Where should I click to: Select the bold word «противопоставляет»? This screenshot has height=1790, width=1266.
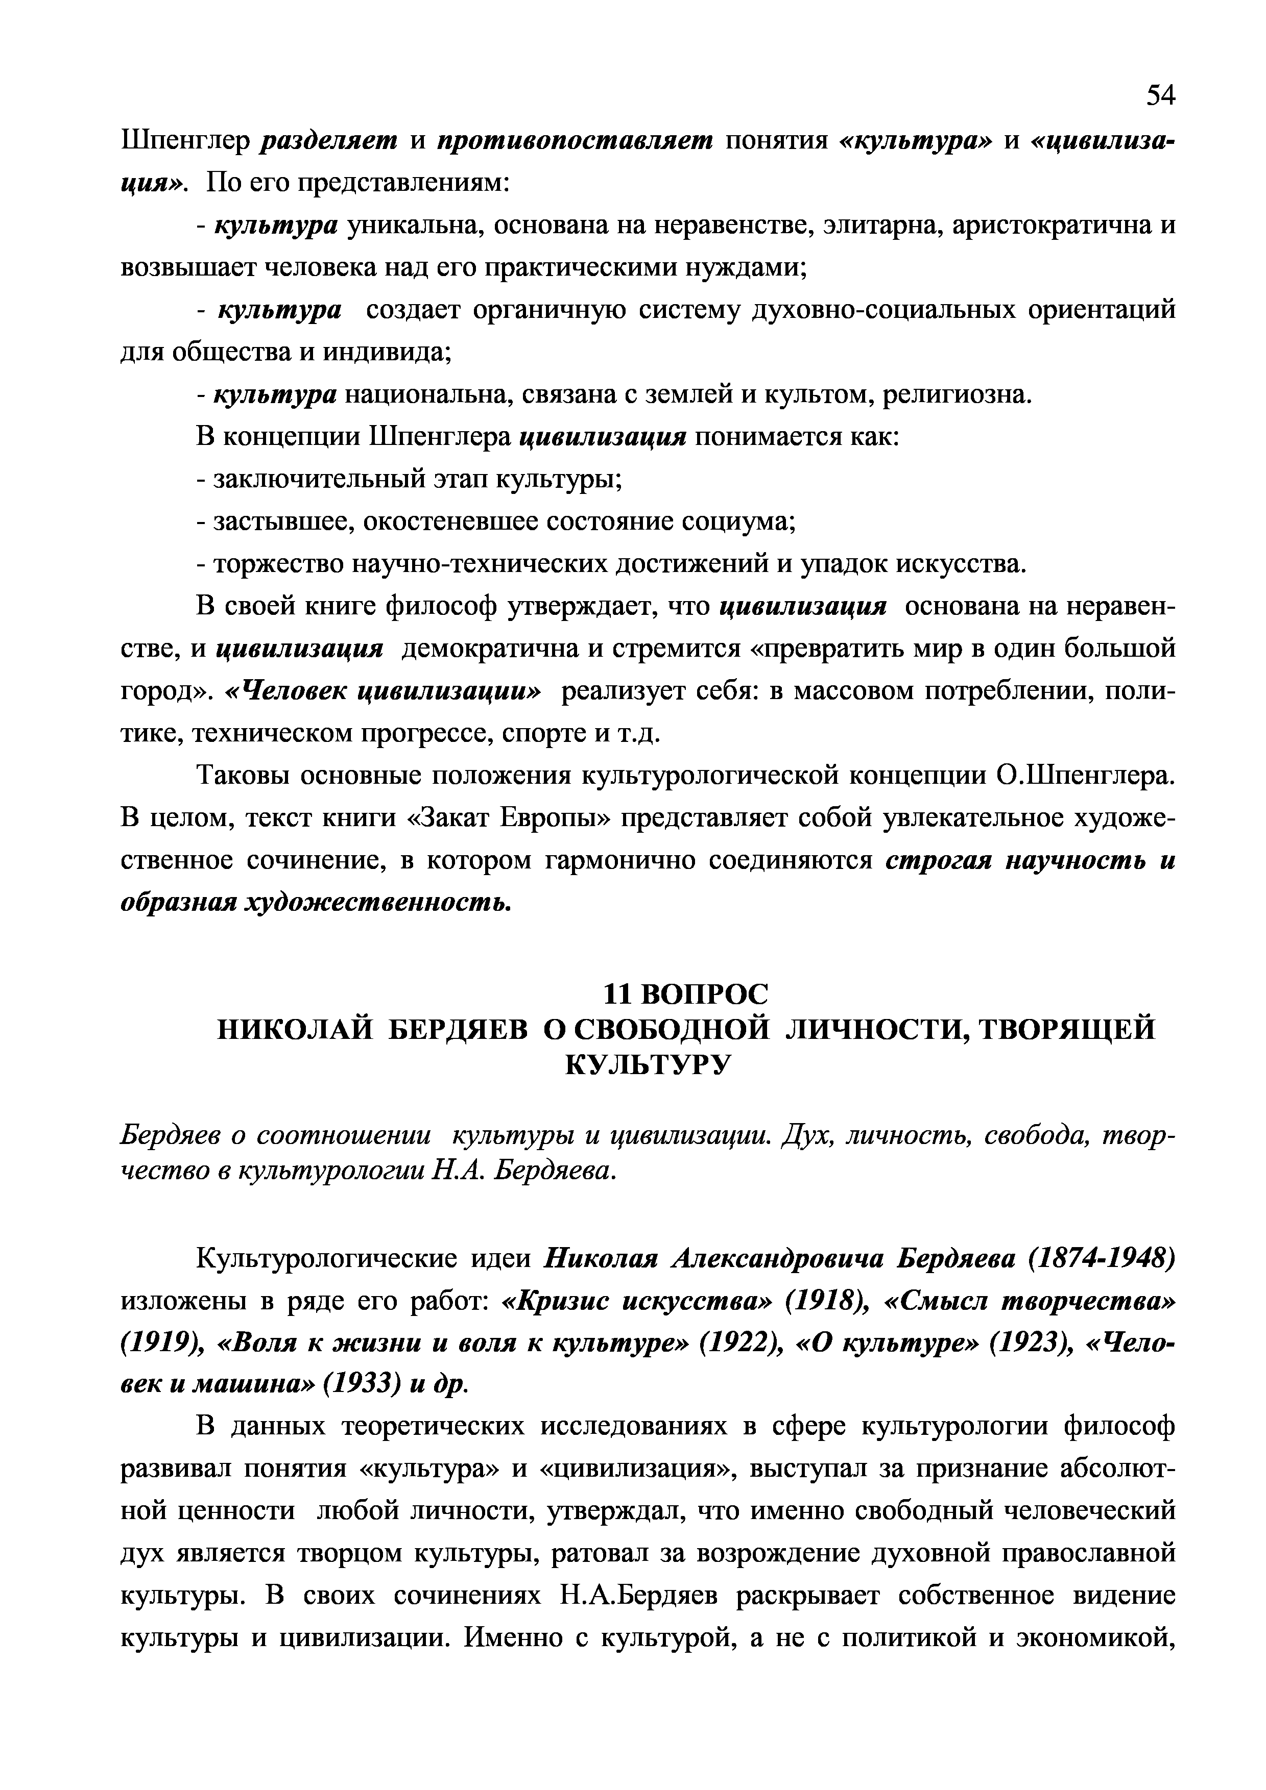coord(575,140)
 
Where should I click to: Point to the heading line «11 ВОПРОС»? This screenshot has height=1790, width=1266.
coord(686,994)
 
